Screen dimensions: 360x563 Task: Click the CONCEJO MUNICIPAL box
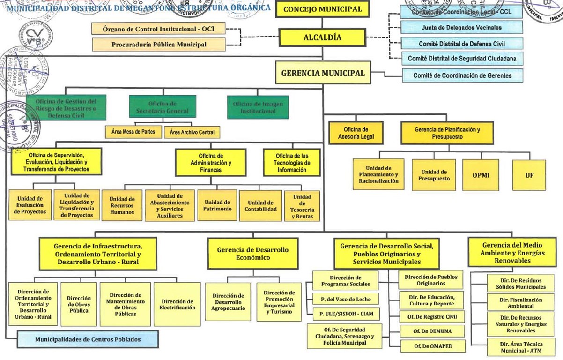pos(322,9)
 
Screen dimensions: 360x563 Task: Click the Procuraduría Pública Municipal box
pos(159,45)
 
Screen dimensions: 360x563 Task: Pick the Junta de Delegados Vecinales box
pos(461,28)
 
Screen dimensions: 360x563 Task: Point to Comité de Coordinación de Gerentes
pos(462,75)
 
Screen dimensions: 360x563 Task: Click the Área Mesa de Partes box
pos(133,132)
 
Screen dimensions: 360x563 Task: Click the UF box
pos(529,175)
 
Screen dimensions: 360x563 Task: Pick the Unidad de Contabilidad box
pos(260,205)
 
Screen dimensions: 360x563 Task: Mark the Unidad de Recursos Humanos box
pos(122,205)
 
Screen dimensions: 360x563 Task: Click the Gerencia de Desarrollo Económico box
pos(252,254)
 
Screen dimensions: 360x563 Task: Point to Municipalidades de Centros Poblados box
pos(88,339)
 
